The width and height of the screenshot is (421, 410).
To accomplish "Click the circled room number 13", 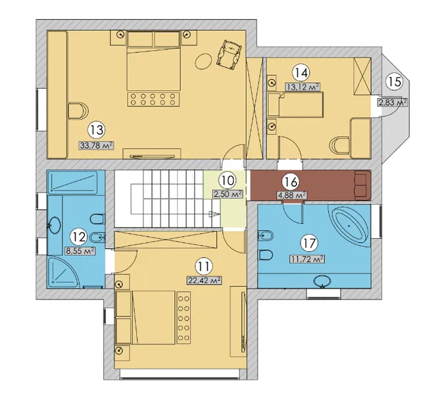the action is [x=97, y=130].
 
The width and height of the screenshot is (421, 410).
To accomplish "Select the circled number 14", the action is [x=301, y=73].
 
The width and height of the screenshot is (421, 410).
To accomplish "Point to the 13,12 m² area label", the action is [x=303, y=87].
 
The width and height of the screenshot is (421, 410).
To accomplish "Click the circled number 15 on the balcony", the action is [x=395, y=82].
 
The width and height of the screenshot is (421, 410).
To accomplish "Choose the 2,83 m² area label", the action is [x=392, y=103].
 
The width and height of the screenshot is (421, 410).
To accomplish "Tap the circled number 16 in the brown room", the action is [x=291, y=182].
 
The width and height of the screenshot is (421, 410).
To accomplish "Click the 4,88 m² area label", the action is [x=292, y=195].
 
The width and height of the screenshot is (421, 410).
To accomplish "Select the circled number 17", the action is [x=309, y=243].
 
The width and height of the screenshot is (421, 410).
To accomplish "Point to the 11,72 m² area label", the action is [x=307, y=259].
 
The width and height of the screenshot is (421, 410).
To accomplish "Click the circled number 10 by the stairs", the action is [x=228, y=180].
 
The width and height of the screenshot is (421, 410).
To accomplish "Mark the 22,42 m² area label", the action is [x=205, y=281].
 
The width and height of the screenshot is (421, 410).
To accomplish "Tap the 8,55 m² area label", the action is [x=80, y=251].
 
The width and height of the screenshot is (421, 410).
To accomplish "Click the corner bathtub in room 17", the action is [x=349, y=226].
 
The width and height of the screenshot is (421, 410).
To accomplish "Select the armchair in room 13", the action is [x=230, y=55].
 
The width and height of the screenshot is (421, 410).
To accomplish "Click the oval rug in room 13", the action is [x=203, y=62].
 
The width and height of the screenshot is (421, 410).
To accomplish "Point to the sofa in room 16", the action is [x=362, y=185].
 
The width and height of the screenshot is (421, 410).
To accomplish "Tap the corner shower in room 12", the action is [x=62, y=270].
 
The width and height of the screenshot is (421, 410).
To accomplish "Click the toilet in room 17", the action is [x=266, y=255].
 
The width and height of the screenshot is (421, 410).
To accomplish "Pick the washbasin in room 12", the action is [x=56, y=224].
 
